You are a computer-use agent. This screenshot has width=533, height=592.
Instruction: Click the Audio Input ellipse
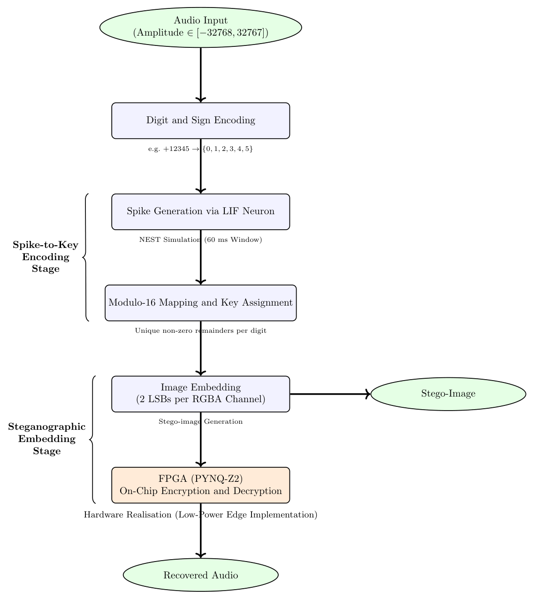point(200,27)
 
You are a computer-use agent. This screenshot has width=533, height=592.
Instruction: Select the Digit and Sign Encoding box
point(200,120)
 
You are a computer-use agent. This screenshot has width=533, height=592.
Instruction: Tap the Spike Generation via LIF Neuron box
point(200,211)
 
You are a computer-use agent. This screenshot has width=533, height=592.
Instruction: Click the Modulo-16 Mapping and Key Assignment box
point(200,303)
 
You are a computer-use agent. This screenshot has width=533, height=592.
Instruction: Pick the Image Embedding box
point(200,394)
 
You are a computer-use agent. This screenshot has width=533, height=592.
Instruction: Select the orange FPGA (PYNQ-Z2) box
point(200,485)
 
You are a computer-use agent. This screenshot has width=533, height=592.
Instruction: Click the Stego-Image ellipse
point(448,394)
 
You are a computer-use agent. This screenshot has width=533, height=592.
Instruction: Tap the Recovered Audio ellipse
point(200,575)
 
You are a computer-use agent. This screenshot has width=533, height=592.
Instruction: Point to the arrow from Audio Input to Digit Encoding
point(201,75)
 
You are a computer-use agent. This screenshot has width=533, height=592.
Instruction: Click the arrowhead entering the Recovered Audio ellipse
point(201,555)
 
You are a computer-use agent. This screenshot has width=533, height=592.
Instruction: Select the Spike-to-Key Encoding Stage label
point(46,257)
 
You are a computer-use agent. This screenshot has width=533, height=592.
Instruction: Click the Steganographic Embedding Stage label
point(47,439)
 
